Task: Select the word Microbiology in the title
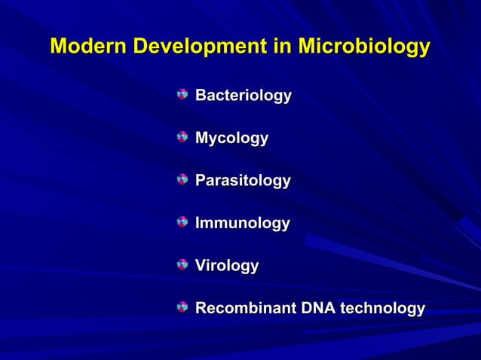pos(364,47)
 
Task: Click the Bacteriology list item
pos(244,96)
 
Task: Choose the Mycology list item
pos(231,139)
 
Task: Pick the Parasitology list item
pos(243,182)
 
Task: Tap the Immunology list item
pos(242,224)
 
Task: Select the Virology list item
pos(227,266)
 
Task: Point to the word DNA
pos(319,309)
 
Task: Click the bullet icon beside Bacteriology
pos(182,95)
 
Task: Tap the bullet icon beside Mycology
pos(182,137)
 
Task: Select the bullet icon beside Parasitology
pos(182,180)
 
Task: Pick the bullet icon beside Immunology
pos(182,222)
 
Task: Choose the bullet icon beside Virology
pos(182,264)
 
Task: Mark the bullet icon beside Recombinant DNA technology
pos(182,307)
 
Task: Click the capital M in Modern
pos(58,47)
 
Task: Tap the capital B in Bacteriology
pos(201,96)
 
